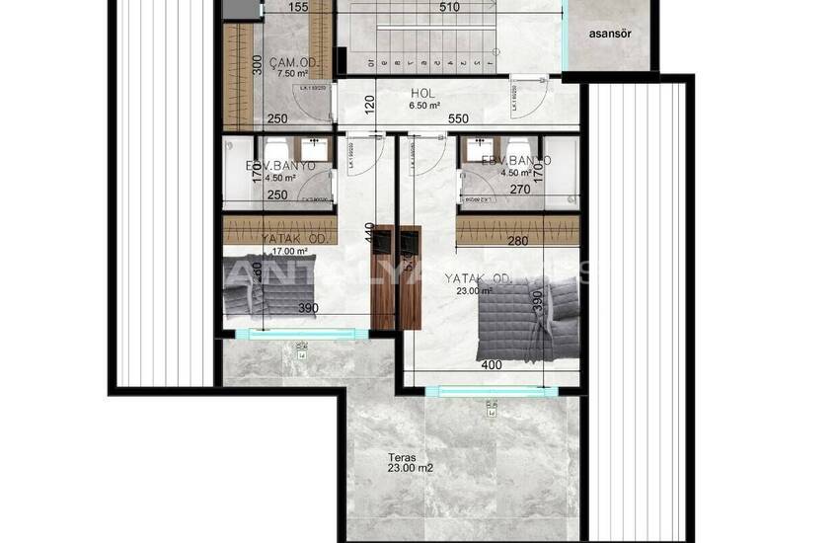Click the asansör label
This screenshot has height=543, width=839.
[x=611, y=33]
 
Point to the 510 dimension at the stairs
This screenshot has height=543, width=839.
[x=449, y=8]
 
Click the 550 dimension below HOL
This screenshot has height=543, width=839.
[x=457, y=118]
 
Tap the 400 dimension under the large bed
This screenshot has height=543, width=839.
[x=491, y=365]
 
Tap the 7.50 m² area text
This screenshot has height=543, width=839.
[x=292, y=74]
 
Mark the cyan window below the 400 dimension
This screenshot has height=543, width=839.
[x=491, y=391]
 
